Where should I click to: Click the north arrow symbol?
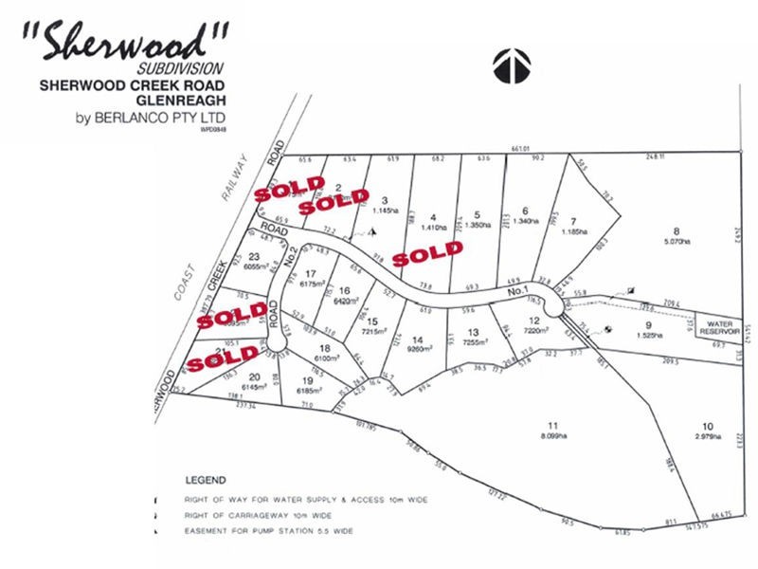[511, 65]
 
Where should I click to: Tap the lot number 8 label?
[677, 230]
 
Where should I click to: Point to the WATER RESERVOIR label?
[718, 326]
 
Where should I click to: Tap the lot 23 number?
[253, 257]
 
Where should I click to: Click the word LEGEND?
[207, 481]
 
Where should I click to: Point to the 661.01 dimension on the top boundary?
[517, 148]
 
